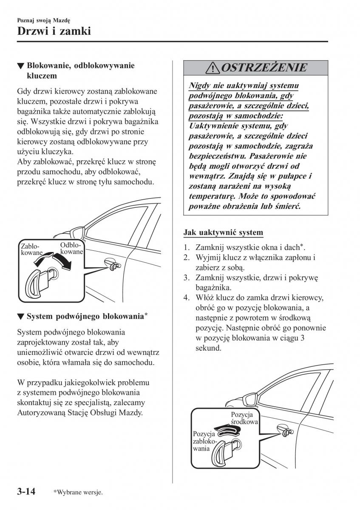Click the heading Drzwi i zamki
click(55, 31)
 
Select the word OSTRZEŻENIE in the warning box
click(264, 68)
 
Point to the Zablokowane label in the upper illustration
click(30, 249)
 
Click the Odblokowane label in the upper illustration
click(71, 249)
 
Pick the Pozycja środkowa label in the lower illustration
click(243, 418)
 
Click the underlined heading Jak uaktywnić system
click(223, 233)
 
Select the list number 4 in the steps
click(186, 298)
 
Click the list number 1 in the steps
click(186, 247)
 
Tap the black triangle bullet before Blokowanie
click(20, 66)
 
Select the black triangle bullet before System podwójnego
click(20, 317)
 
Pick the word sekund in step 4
click(208, 348)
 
